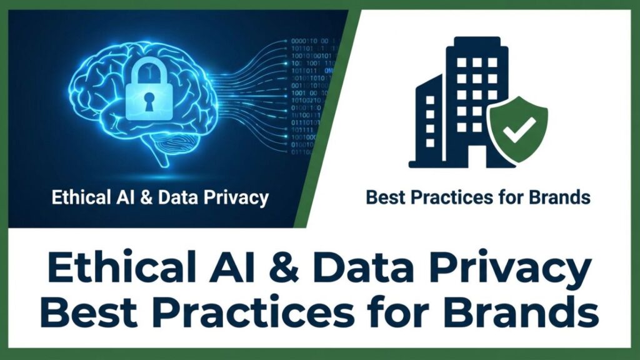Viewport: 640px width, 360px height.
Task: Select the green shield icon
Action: [517, 129]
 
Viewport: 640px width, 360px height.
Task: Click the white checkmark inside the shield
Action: [518, 127]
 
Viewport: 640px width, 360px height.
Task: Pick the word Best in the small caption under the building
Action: [382, 198]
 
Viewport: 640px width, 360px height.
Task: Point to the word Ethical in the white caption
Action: [76, 199]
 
